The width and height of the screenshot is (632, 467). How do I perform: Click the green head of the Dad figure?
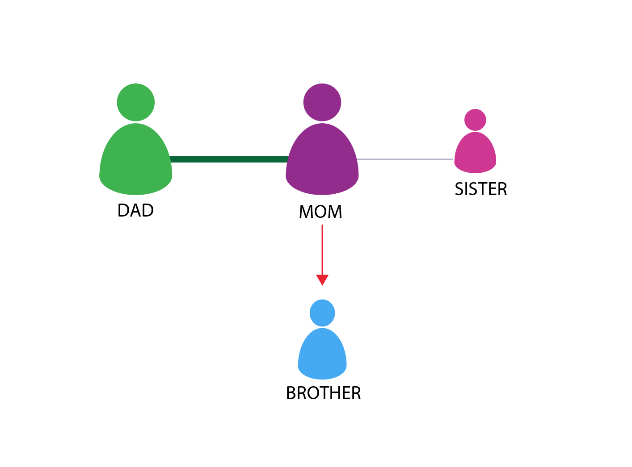click(136, 102)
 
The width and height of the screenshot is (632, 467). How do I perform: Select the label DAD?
click(135, 210)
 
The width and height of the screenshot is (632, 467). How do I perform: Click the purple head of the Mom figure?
click(322, 102)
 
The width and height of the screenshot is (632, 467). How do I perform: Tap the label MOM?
click(320, 212)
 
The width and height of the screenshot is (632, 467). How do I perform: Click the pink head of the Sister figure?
click(475, 120)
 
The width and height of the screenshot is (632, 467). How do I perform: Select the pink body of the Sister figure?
click(475, 154)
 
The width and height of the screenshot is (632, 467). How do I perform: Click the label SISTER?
click(481, 189)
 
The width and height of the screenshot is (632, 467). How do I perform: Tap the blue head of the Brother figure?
click(322, 313)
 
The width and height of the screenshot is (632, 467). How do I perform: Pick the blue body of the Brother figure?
click(322, 355)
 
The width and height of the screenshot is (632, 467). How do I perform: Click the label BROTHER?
click(323, 393)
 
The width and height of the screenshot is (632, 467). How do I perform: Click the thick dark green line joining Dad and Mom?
click(229, 159)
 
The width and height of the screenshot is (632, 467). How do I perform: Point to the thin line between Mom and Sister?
click(405, 159)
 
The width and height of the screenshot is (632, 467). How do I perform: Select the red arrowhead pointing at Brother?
click(322, 279)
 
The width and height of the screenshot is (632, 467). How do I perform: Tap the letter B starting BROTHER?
click(291, 393)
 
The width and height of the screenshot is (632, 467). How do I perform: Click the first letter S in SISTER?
click(459, 189)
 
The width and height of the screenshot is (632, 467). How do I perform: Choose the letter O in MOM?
click(321, 212)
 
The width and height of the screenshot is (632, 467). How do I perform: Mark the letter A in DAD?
click(135, 210)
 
